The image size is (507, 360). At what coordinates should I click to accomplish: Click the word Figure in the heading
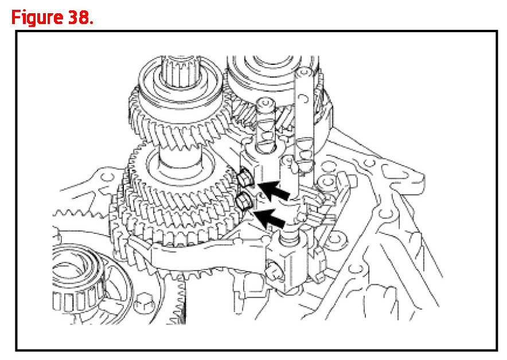tap(37, 17)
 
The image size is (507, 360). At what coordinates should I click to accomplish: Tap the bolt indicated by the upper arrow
tap(244, 179)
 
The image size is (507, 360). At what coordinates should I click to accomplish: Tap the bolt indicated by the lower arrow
tap(244, 202)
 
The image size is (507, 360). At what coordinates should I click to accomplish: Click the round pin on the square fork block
tap(274, 270)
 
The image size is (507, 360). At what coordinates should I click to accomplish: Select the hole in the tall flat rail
tap(303, 98)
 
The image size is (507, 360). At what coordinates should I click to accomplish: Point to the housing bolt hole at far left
tap(106, 177)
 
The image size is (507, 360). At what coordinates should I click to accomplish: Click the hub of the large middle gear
tap(180, 165)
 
